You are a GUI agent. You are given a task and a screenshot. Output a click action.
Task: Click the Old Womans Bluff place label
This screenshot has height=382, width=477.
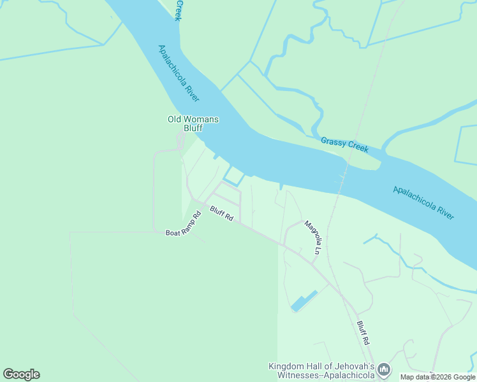pyautogui.click(x=193, y=124)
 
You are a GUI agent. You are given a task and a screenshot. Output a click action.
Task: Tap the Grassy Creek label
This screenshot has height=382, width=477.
pyautogui.click(x=344, y=145)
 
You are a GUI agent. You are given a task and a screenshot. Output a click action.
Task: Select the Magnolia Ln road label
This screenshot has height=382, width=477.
pyautogui.click(x=312, y=237)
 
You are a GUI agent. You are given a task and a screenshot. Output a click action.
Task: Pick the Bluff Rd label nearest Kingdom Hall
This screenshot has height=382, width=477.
pyautogui.click(x=363, y=332)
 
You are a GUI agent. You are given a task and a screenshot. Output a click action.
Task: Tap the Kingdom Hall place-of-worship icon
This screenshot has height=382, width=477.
pyautogui.click(x=383, y=369)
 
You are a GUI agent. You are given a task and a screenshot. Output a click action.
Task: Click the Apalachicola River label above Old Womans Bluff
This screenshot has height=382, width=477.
pyautogui.click(x=179, y=73)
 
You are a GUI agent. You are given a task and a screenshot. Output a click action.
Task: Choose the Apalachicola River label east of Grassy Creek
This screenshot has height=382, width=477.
pyautogui.click(x=423, y=202)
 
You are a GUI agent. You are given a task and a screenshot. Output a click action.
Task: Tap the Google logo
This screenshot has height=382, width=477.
pyautogui.click(x=21, y=374)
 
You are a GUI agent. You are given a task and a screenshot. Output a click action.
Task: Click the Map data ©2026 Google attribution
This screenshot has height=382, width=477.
pyautogui.click(x=437, y=377)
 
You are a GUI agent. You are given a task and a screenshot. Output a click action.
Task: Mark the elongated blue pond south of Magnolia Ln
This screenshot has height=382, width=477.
pyautogui.click(x=304, y=301)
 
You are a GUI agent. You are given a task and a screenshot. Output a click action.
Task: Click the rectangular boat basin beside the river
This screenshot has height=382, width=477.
pyautogui.click(x=234, y=176)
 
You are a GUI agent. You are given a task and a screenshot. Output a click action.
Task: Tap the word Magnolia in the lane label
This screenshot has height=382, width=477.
pyautogui.click(x=311, y=233)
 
